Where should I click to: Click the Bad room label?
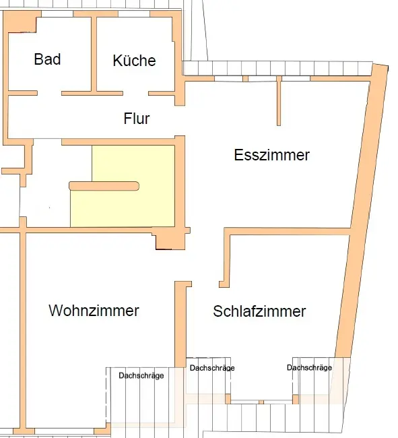47,59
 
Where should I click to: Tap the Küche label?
134,60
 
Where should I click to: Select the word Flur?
137,118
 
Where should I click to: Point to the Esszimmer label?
271,155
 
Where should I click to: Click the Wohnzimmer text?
94,311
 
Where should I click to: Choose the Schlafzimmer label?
259,311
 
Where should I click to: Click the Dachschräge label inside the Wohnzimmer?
141,375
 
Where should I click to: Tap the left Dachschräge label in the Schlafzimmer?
212,368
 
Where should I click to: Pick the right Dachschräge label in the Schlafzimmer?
309,367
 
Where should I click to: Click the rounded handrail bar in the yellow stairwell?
104,186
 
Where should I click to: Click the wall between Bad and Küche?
94,55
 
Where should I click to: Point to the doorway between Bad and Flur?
49,93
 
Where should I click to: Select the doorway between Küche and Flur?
135,93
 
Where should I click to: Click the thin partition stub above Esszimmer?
279,101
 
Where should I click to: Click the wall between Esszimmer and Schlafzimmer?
288,231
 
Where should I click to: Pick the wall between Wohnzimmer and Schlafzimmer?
180,324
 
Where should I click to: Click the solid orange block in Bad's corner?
20,22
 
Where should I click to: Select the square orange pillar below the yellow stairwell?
170,240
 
